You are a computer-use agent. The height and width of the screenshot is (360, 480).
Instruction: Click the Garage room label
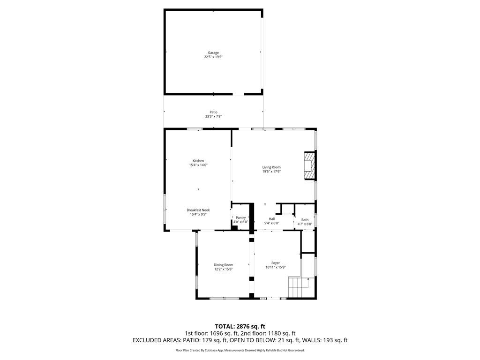click(x=213, y=52)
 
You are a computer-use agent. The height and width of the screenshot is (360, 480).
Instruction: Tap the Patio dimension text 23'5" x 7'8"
click(x=213, y=116)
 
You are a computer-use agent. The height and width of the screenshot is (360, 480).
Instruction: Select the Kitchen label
click(x=198, y=161)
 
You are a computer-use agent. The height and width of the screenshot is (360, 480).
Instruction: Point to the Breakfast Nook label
click(x=198, y=210)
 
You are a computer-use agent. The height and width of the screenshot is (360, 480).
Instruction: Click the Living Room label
click(x=271, y=167)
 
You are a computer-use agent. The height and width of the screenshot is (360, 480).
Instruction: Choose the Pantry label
click(x=240, y=217)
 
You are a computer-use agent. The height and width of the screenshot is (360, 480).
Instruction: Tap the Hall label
click(x=272, y=219)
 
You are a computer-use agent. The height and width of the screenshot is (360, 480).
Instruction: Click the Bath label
click(x=305, y=220)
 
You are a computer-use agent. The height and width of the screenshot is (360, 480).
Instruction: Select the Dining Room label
click(x=224, y=265)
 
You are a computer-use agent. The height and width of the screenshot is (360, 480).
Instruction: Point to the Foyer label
click(x=276, y=263)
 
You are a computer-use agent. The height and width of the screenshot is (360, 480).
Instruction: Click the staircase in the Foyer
click(x=301, y=287)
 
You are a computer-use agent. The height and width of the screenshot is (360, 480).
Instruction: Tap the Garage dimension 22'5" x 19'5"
click(x=213, y=57)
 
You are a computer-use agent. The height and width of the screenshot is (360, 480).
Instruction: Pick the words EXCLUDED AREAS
click(x=157, y=340)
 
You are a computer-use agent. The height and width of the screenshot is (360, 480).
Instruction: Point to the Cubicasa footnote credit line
click(x=240, y=350)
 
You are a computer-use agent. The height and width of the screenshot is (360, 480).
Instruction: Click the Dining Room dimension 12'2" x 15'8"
click(x=224, y=270)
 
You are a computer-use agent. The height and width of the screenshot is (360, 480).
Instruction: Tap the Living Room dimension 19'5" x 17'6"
click(x=271, y=172)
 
